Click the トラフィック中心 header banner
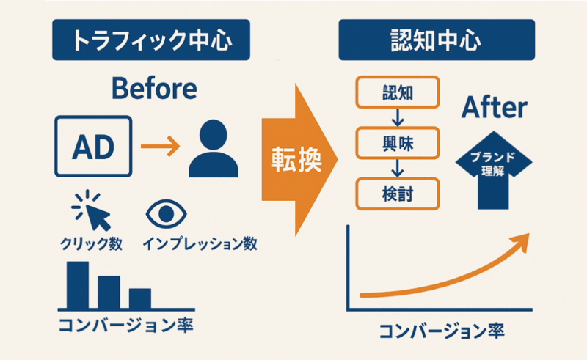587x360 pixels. coord(151,40)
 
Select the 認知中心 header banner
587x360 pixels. coord(437,40)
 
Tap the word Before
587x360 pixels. coord(154,89)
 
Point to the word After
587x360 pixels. coord(495,107)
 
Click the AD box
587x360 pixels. coord(93,147)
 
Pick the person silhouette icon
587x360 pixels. coord(214,149)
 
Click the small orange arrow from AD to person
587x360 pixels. coord(160,146)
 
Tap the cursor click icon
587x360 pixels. coord(91,210)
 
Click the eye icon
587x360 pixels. coord(167,214)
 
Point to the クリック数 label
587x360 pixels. coord(91,244)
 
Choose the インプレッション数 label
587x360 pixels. coord(200,244)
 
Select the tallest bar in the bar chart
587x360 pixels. coord(78,284)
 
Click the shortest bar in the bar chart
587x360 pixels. coord(140,298)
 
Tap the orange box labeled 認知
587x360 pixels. coord(398,92)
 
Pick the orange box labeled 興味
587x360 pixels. coord(398,143)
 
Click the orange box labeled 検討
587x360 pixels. coord(398,194)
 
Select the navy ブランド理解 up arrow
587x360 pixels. coord(493,170)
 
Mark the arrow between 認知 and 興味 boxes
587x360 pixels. coord(398,117)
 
